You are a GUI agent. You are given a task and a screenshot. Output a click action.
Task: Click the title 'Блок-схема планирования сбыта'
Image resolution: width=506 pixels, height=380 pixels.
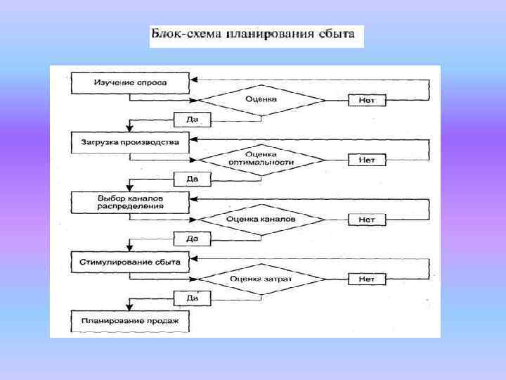(x=257, y=36)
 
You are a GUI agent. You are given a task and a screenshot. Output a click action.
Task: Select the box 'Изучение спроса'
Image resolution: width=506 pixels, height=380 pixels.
(x=130, y=83)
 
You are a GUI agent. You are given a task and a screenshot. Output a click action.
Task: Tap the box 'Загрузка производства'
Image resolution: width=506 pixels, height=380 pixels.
(x=130, y=143)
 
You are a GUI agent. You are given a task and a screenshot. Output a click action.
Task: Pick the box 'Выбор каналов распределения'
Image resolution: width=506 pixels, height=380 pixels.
(x=130, y=203)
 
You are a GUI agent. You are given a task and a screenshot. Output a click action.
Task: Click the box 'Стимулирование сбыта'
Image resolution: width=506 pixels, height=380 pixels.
(x=130, y=262)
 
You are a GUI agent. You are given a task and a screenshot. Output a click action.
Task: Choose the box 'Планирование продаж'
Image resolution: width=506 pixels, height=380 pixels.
(x=130, y=322)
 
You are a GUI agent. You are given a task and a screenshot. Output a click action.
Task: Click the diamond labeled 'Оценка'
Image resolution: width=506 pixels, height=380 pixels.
(x=261, y=100)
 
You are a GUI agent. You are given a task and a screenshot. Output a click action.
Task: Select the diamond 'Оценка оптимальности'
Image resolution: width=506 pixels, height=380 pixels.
(x=261, y=159)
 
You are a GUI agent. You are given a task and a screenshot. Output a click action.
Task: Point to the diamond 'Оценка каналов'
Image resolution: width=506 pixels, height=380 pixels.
(x=261, y=220)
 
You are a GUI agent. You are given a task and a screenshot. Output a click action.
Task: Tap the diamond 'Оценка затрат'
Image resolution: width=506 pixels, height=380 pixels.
(x=261, y=279)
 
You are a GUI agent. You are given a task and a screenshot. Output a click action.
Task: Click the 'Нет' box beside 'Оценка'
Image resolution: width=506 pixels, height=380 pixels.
(x=367, y=100)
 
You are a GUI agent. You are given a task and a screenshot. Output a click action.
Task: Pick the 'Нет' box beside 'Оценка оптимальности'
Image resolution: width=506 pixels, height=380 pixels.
(x=367, y=160)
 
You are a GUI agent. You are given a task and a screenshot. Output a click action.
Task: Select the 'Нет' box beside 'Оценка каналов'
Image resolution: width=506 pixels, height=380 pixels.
(x=367, y=220)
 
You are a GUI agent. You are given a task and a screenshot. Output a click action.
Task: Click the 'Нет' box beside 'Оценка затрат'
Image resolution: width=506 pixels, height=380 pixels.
(x=367, y=279)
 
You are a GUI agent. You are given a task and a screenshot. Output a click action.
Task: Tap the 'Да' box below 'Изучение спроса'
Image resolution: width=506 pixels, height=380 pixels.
(x=192, y=120)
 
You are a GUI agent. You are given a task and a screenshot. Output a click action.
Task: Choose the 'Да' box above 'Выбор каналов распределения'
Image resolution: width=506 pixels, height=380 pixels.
(x=192, y=179)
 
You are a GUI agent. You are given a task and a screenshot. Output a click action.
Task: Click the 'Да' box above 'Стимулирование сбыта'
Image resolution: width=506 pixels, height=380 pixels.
(x=192, y=239)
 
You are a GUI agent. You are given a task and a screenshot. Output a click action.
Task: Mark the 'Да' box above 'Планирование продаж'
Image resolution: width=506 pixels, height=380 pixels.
(x=192, y=298)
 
